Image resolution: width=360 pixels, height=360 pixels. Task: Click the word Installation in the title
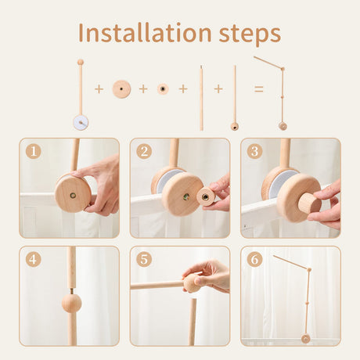[x=145, y=34]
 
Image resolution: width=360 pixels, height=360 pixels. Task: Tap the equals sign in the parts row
[x=258, y=89]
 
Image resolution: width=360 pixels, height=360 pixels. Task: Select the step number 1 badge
[x=33, y=151]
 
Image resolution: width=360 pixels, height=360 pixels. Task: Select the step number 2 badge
[x=143, y=151]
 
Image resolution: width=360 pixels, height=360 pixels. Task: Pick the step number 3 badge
[x=254, y=151]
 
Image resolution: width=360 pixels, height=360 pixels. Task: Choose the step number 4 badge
[x=33, y=259]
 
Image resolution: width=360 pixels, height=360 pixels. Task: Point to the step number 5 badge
[x=143, y=259]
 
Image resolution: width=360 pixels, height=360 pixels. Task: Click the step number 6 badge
[x=254, y=259]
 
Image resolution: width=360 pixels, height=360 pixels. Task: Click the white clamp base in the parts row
[x=80, y=121]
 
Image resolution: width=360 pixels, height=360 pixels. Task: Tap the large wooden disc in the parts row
[x=121, y=89]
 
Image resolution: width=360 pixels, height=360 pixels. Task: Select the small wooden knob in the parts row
[x=163, y=89]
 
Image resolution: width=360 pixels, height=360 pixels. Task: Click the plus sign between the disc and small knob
[x=143, y=89]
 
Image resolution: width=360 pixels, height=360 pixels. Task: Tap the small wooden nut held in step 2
[x=207, y=196]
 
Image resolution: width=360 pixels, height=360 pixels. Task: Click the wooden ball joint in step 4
[x=71, y=303]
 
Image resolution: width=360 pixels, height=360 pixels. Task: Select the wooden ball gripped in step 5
[x=192, y=283]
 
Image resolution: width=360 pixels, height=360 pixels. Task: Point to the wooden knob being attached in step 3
[x=309, y=203]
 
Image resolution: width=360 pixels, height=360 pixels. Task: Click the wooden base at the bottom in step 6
[x=305, y=338]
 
